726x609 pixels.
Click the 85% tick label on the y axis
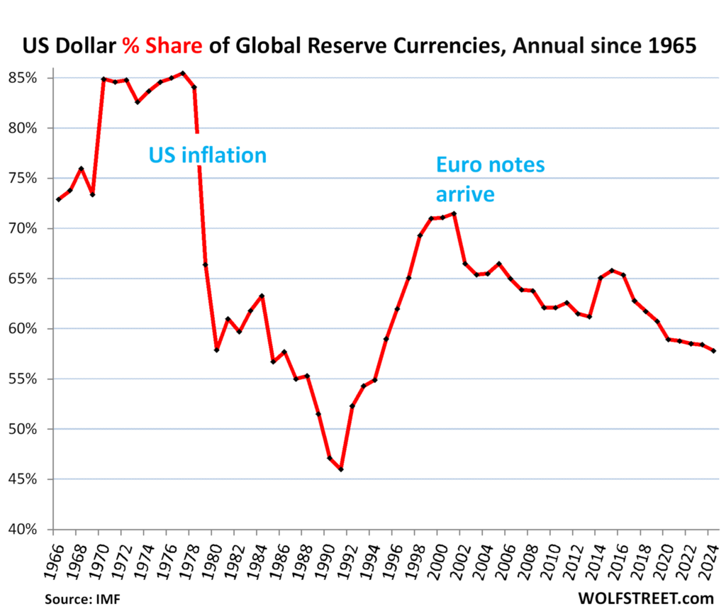pyautogui.click(x=32, y=77)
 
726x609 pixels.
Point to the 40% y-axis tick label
pyautogui.click(x=32, y=530)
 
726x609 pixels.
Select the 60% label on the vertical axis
pyautogui.click(x=32, y=329)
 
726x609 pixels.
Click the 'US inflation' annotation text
pyautogui.click(x=207, y=155)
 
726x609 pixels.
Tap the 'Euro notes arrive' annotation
pyautogui.click(x=490, y=179)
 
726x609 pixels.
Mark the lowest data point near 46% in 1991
pyautogui.click(x=341, y=469)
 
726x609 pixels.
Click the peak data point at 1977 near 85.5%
pyautogui.click(x=183, y=73)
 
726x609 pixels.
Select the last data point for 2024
pyautogui.click(x=713, y=351)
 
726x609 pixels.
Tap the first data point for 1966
pyautogui.click(x=58, y=200)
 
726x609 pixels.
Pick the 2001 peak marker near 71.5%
pyautogui.click(x=454, y=213)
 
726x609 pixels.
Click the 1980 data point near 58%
pyautogui.click(x=217, y=350)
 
